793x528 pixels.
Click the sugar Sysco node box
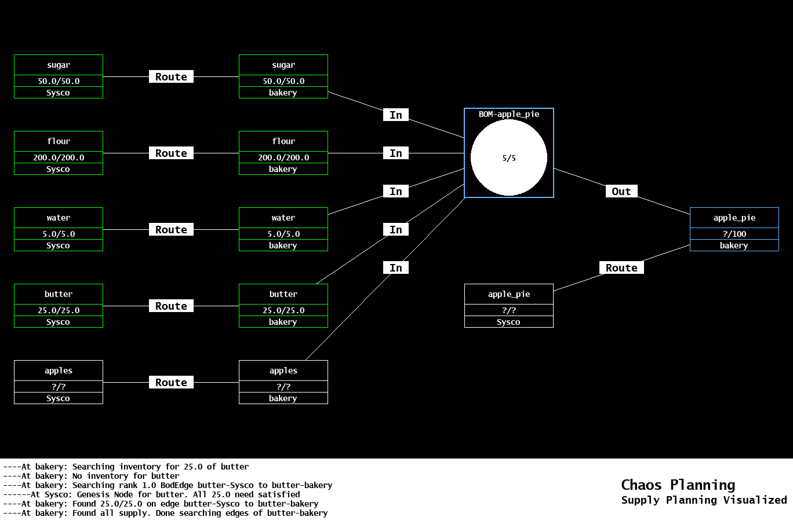[59, 76]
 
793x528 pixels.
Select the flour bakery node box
[283, 153]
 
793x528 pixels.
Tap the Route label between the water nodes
[171, 230]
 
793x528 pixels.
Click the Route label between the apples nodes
[171, 383]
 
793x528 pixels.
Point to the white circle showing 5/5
[509, 157]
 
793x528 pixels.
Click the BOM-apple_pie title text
[509, 114]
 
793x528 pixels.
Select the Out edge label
[621, 192]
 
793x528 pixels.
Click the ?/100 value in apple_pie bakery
[734, 234]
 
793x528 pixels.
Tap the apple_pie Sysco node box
[509, 306]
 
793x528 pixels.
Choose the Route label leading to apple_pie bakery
[621, 268]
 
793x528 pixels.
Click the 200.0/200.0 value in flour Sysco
[59, 157]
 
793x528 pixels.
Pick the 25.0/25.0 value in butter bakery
[283, 310]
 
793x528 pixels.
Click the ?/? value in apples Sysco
[59, 387]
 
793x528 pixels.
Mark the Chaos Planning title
[678, 485]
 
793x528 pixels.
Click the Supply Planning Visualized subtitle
[704, 500]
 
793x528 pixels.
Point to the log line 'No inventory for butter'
[91, 476]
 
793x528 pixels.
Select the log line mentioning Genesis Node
[151, 494]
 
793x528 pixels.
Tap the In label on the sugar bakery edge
[396, 115]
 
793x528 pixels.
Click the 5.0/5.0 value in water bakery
[283, 234]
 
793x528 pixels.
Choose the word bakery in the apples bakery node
[283, 398]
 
